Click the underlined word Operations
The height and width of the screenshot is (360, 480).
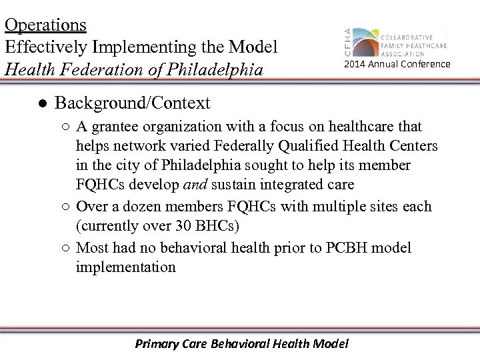tap(45, 25)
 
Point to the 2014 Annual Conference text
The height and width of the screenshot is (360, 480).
tap(397, 64)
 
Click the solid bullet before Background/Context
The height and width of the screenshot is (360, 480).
tap(41, 103)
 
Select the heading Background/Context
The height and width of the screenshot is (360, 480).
tap(132, 103)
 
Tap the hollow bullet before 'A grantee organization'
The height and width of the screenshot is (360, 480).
tap(67, 127)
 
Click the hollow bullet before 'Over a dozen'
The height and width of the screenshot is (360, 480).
tap(67, 207)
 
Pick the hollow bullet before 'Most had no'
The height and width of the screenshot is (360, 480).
tap(67, 248)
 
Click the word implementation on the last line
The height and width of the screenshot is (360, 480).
tap(126, 267)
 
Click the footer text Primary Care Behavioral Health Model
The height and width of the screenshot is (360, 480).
tap(241, 343)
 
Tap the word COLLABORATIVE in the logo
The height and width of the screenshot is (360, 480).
tap(407, 37)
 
